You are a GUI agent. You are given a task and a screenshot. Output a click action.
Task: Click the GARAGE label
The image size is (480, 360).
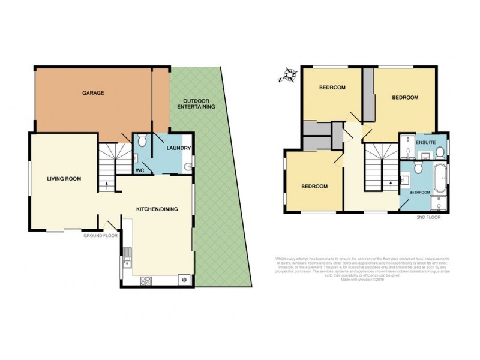[93, 93]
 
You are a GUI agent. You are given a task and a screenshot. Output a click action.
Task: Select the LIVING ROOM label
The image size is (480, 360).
[64, 178]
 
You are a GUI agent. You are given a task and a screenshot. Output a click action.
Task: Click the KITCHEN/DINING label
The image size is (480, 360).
[157, 209]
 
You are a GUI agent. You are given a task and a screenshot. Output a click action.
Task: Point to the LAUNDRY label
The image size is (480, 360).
[179, 148]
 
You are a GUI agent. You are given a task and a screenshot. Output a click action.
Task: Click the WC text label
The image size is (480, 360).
[139, 170]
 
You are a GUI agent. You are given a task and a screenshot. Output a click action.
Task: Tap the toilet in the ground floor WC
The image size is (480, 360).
[141, 141]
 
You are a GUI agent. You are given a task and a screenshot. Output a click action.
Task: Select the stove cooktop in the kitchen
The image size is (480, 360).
[148, 280]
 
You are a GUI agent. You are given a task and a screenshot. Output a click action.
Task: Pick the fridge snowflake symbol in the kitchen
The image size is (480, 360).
[183, 280]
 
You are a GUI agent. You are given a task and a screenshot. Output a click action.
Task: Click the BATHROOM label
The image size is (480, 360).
[419, 192]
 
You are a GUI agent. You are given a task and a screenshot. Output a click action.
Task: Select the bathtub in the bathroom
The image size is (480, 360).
[440, 178]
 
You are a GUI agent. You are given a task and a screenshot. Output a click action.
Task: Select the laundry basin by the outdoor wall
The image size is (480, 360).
[187, 167]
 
